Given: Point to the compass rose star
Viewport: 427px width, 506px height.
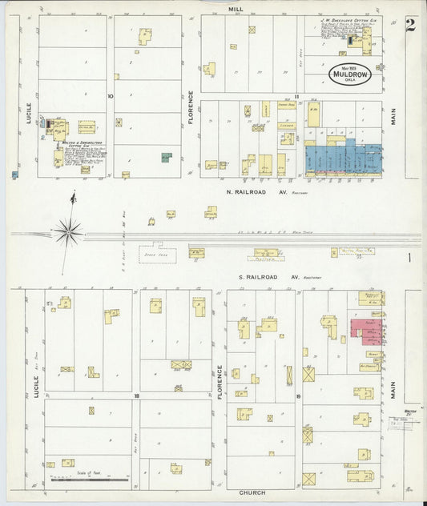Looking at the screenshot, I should [70, 232].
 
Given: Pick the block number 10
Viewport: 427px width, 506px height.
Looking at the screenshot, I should [111, 96].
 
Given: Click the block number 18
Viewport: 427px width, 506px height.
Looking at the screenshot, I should [137, 396].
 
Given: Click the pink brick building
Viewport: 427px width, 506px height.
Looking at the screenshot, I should [366, 330].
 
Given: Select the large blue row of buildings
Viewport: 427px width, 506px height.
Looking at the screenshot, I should [343, 158].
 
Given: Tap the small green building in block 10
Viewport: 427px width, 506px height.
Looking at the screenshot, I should [166, 158].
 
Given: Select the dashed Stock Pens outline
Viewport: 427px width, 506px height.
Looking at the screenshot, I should [158, 254].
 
